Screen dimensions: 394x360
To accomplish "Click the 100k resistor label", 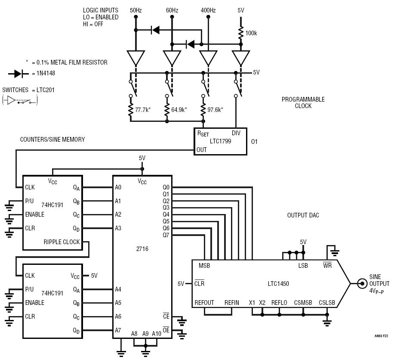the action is point(251,33).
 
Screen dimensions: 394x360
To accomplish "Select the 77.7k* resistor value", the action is point(143,110).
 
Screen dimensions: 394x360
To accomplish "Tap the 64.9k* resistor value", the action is point(179,110).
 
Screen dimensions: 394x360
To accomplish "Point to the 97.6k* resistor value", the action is point(215,110).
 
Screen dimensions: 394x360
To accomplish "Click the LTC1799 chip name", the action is point(220,141).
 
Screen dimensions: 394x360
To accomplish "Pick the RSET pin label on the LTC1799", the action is point(203,133).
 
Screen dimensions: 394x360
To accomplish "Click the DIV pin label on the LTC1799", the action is point(236,133).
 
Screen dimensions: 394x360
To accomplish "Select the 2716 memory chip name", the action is point(142,249).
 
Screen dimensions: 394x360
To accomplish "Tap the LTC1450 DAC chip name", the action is point(278,284).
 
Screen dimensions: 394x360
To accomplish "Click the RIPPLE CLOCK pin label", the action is point(62,242).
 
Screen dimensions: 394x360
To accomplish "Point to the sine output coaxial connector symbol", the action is point(362,284).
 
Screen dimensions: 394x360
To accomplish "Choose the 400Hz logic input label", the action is point(208,10).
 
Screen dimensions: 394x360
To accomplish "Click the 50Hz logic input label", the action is point(135,10).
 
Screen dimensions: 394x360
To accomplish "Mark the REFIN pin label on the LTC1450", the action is point(232,303).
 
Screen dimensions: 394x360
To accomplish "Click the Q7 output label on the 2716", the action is point(166,235).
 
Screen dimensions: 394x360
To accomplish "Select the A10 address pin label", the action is point(157,334).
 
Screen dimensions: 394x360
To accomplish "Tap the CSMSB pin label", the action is point(303,303).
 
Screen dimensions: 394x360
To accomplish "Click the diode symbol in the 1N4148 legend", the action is point(18,74).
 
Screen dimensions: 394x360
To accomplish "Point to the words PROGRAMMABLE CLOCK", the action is point(303,102).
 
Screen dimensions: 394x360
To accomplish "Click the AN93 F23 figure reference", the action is point(381,336).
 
